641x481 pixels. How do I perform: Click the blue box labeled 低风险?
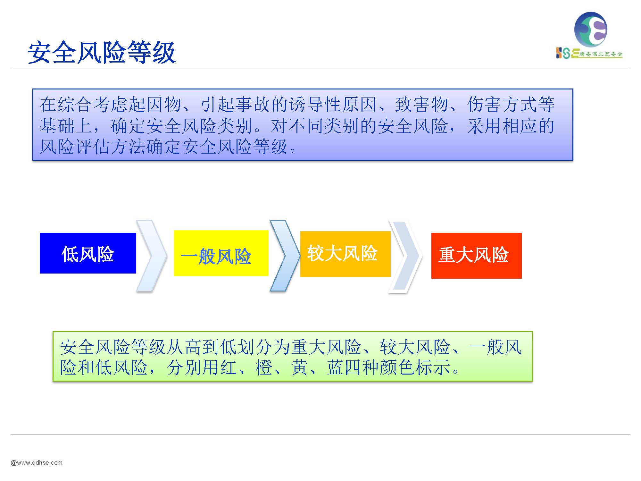pyautogui.click(x=88, y=253)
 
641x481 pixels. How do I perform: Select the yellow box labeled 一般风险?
pyautogui.click(x=221, y=253)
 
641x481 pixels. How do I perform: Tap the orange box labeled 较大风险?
pyautogui.click(x=345, y=254)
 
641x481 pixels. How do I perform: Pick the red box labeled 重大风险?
pyautogui.click(x=476, y=256)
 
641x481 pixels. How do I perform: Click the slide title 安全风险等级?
pyautogui.click(x=102, y=53)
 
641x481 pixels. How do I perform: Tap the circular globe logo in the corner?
pyautogui.click(x=591, y=29)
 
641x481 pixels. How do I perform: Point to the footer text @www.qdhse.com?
pyautogui.click(x=37, y=463)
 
